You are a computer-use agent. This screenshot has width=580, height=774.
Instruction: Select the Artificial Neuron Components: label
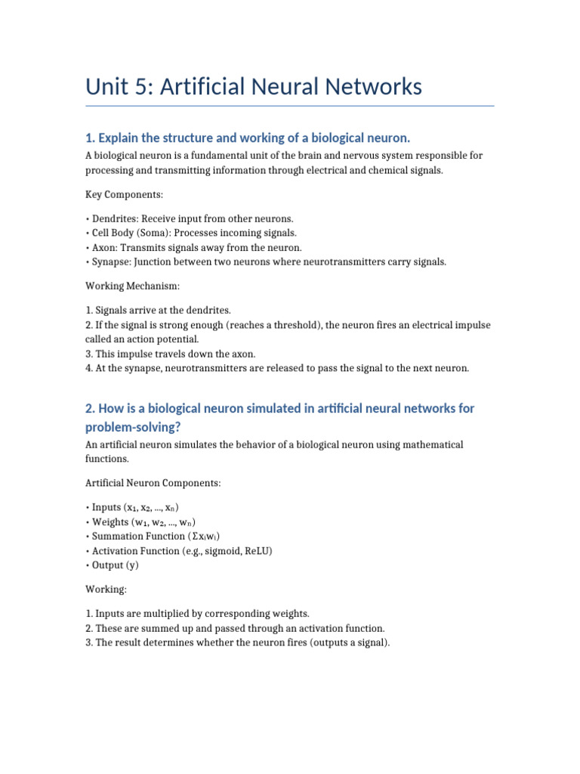[x=153, y=482]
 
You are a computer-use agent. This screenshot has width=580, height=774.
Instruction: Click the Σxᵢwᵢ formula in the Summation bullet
[x=214, y=536]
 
